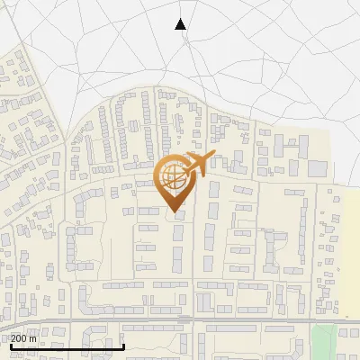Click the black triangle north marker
tap(181, 24)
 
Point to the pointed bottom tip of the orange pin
tap(174, 211)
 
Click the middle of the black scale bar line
tap(67, 346)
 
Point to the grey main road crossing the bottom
tap(225, 319)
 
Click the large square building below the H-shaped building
tap(318, 168)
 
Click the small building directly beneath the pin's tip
tap(177, 216)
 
